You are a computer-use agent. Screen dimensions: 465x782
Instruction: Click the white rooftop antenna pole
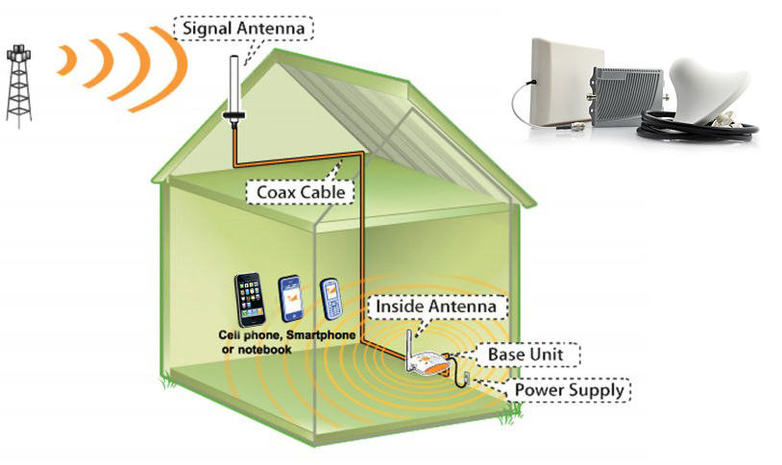[233, 86]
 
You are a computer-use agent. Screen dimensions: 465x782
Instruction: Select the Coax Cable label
[300, 192]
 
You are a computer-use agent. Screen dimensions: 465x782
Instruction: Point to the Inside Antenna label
[436, 306]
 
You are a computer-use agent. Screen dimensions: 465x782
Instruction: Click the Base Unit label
[523, 355]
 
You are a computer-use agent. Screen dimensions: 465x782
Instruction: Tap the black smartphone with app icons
[250, 300]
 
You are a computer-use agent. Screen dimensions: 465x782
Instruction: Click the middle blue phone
[292, 299]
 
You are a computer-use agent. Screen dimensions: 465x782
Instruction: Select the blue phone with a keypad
[331, 298]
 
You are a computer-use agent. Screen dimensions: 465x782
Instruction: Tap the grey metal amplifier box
[625, 99]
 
